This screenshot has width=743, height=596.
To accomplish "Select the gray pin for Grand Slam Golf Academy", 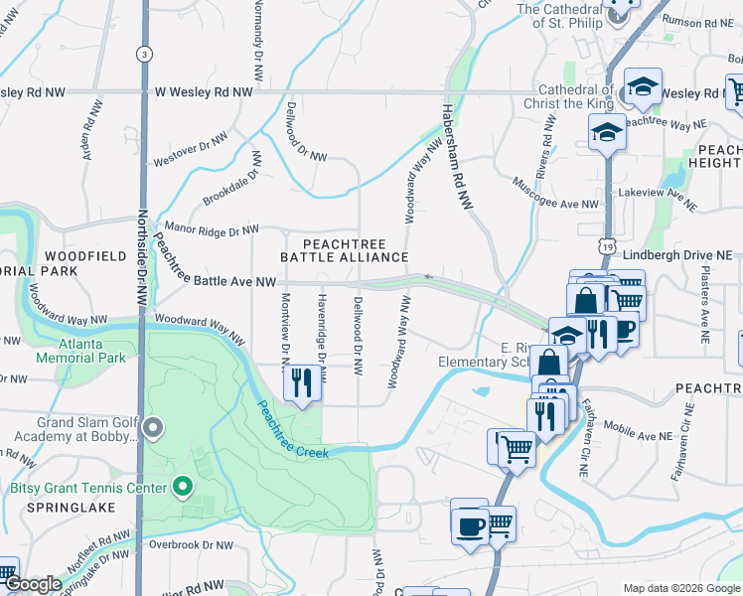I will [x=152, y=429].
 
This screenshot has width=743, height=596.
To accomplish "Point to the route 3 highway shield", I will [x=145, y=54].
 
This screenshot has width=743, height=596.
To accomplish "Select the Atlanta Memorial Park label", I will [x=81, y=351].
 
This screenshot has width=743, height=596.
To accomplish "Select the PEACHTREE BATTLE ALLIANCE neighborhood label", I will [x=344, y=249].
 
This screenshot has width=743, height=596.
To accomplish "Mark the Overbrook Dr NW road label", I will [x=191, y=545].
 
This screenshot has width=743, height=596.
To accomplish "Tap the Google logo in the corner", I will [x=33, y=585].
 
